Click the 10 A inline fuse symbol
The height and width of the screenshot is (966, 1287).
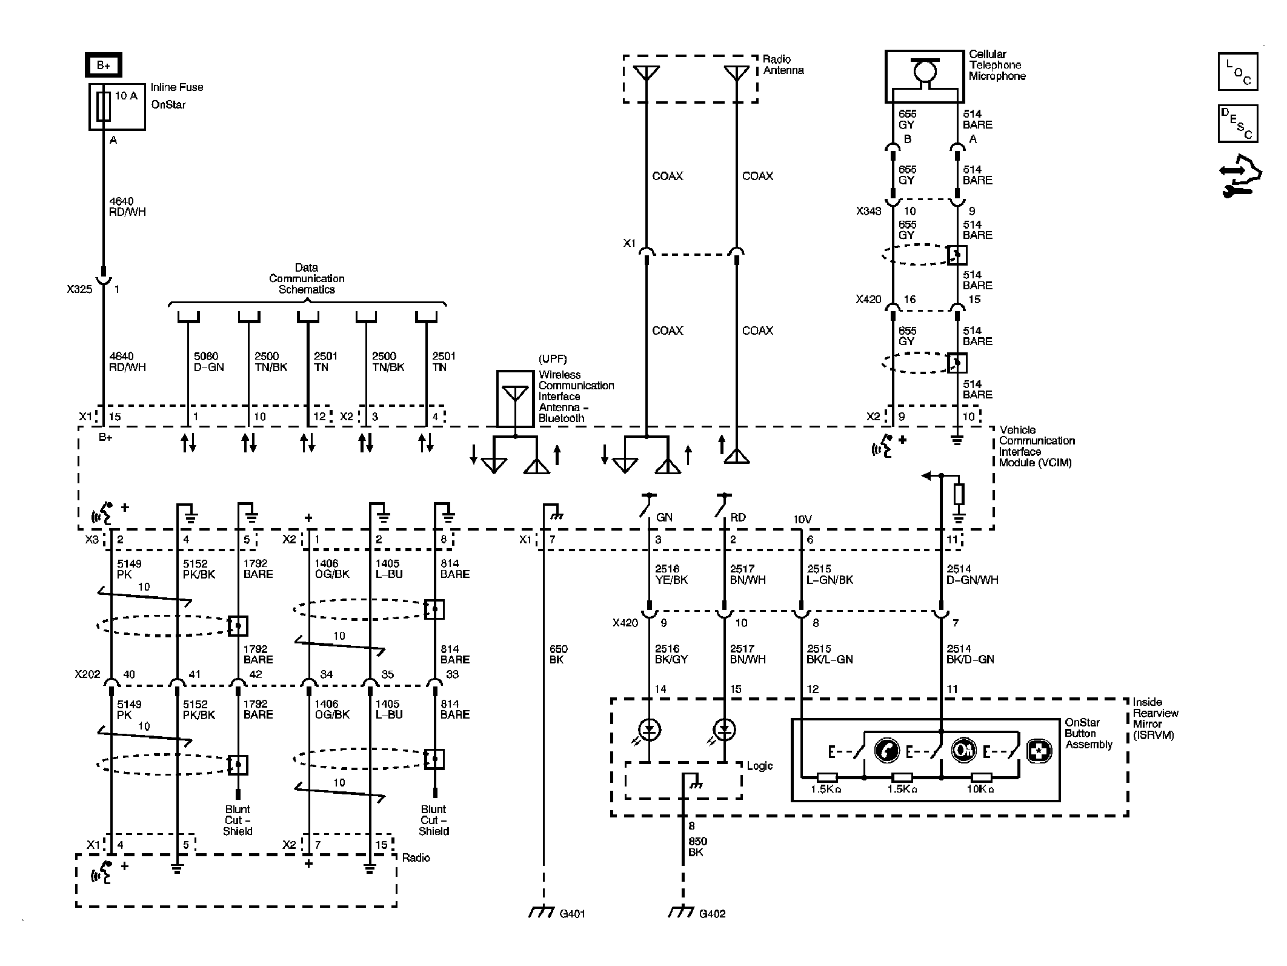(104, 107)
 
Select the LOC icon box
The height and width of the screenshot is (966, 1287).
(1237, 72)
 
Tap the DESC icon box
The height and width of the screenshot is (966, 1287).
(1237, 124)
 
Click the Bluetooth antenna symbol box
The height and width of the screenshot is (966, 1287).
(515, 398)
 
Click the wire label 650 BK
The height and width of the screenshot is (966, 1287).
(558, 654)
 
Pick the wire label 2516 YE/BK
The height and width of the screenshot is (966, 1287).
(671, 574)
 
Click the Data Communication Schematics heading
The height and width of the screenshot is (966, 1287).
(307, 278)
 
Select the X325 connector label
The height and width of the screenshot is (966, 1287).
(79, 289)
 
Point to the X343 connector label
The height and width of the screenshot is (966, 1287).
(868, 212)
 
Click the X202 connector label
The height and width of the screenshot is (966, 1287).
(87, 674)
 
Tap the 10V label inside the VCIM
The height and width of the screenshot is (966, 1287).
(802, 519)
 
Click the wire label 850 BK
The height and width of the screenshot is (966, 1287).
(697, 847)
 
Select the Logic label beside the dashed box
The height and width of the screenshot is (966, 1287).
(759, 766)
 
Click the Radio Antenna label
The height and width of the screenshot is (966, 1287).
(783, 65)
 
